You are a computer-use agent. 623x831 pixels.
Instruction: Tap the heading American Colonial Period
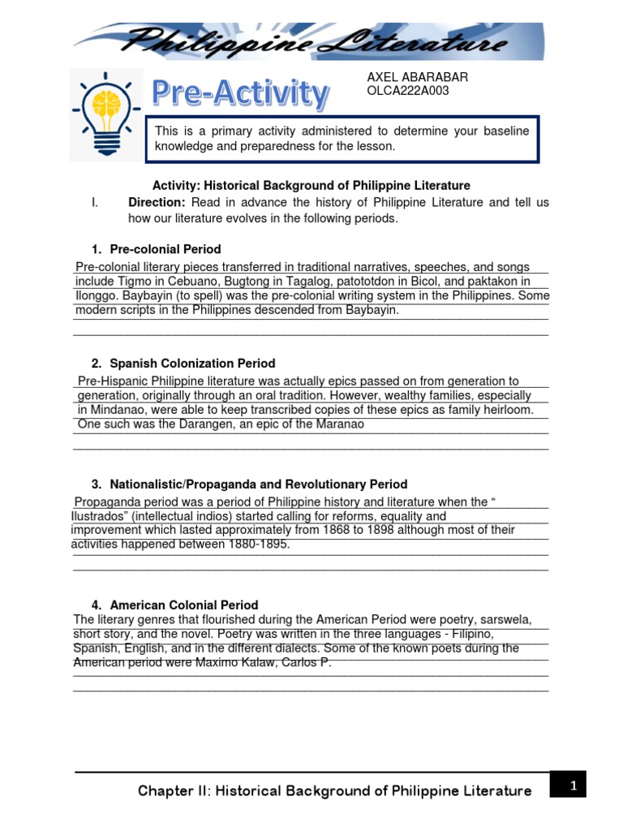click(x=183, y=605)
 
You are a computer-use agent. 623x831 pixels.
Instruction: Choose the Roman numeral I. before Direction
click(x=94, y=202)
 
